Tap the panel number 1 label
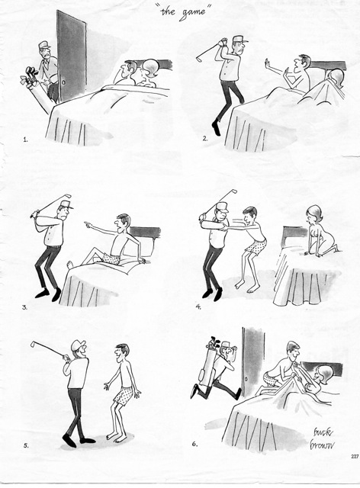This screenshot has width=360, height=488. [25, 140]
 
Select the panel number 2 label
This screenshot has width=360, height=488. [205, 139]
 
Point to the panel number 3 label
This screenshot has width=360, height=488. [24, 307]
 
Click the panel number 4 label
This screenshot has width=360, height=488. [198, 307]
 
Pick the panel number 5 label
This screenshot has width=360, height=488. [26, 445]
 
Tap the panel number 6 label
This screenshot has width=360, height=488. [194, 444]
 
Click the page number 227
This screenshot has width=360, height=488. [355, 457]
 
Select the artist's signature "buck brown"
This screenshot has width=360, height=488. [321, 439]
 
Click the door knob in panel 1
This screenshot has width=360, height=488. [64, 83]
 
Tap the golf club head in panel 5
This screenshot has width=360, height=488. [32, 344]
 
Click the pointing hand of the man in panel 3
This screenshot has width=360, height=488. [88, 223]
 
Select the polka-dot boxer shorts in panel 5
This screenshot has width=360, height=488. [124, 395]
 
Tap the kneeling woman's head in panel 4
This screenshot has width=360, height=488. [314, 213]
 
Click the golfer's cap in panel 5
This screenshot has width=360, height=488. [78, 345]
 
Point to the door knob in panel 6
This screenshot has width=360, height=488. [246, 379]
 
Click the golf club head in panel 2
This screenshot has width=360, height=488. [198, 57]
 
